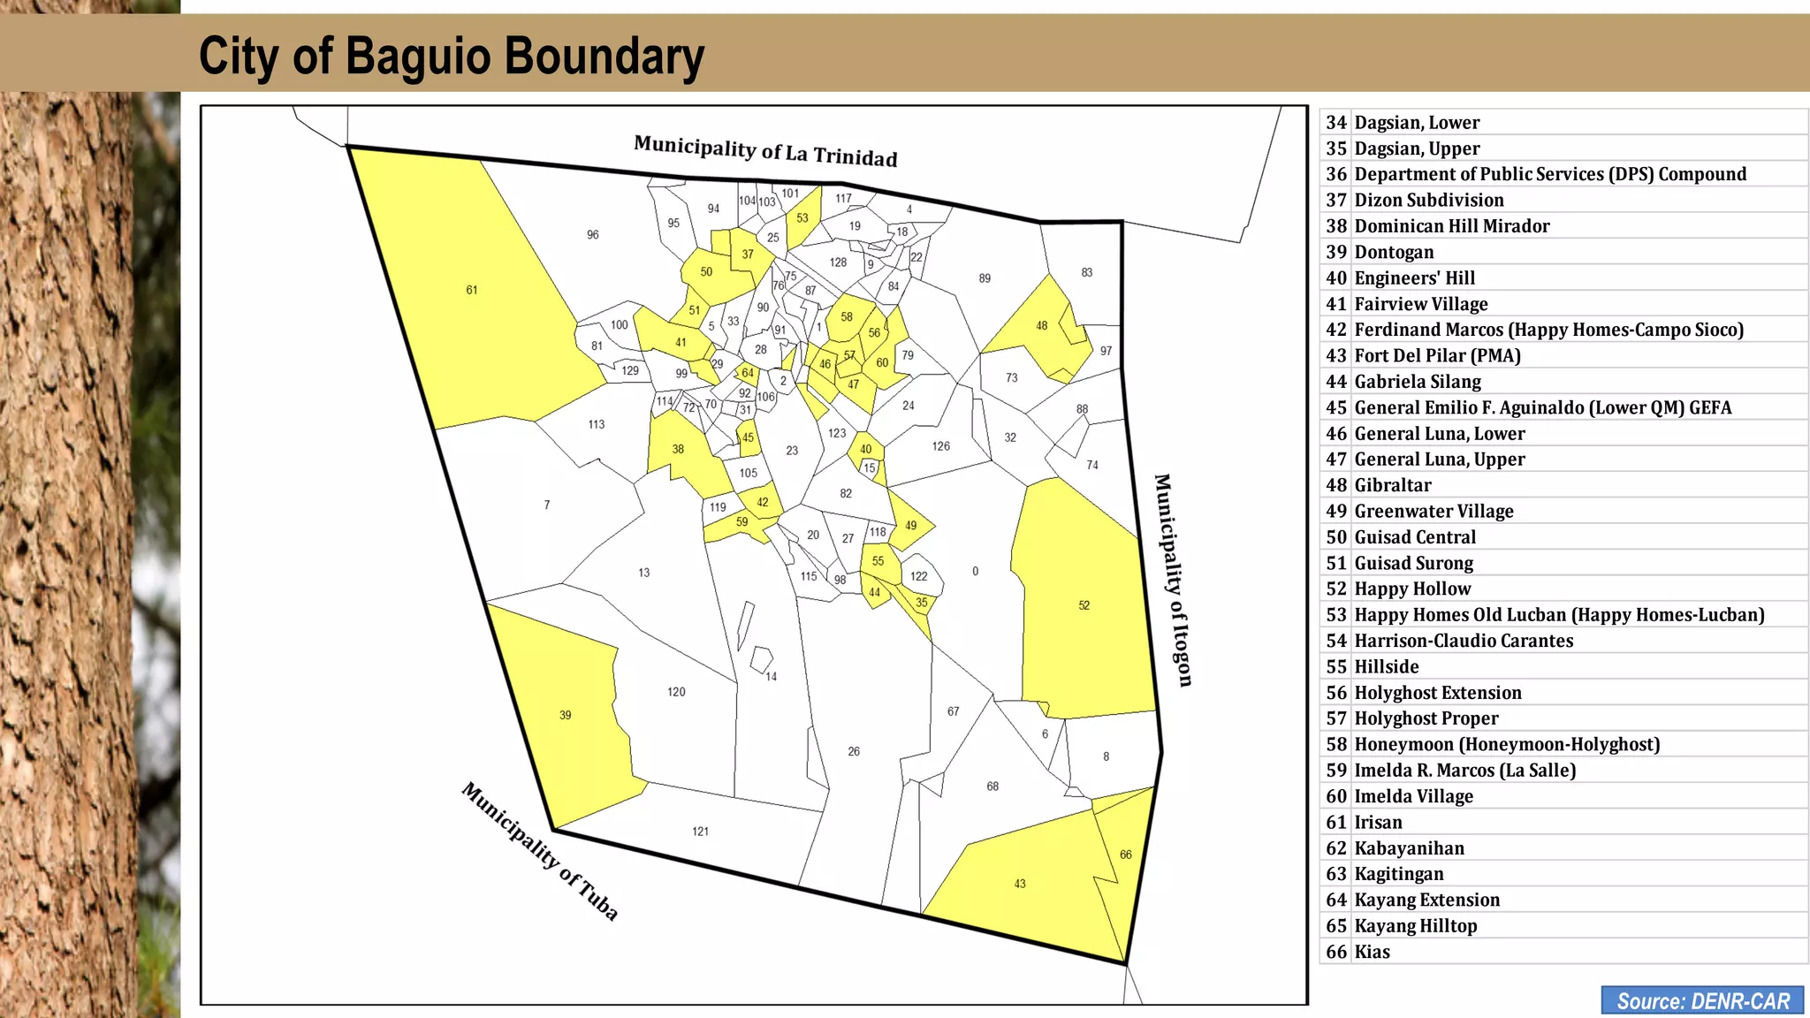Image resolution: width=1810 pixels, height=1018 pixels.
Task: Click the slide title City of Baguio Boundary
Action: pos(451,56)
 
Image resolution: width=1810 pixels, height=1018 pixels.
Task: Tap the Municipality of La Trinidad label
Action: pos(765,151)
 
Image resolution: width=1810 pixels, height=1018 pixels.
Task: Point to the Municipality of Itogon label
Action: pos(1174,580)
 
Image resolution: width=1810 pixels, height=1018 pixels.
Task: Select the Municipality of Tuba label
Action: pos(539,850)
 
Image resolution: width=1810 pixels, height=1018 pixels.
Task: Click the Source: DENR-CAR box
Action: pos(1702,1000)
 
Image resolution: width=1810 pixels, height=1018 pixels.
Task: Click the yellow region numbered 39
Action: pos(570,716)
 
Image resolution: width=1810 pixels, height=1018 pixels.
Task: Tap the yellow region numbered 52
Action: pos(1083,606)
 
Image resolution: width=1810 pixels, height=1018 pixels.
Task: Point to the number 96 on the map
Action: pos(592,235)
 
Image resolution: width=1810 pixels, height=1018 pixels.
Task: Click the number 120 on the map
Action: pos(676,692)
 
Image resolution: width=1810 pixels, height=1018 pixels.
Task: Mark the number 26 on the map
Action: pos(854,752)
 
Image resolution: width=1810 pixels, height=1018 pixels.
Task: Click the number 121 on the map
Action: pos(700,832)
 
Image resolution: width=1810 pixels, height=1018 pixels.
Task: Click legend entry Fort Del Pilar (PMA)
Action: pos(1437,356)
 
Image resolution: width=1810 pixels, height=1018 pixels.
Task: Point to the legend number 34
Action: pos(1335,123)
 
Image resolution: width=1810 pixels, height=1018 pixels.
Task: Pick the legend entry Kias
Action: pos(1372,953)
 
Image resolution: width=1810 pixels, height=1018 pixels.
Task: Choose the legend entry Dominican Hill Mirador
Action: pos(1451,226)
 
